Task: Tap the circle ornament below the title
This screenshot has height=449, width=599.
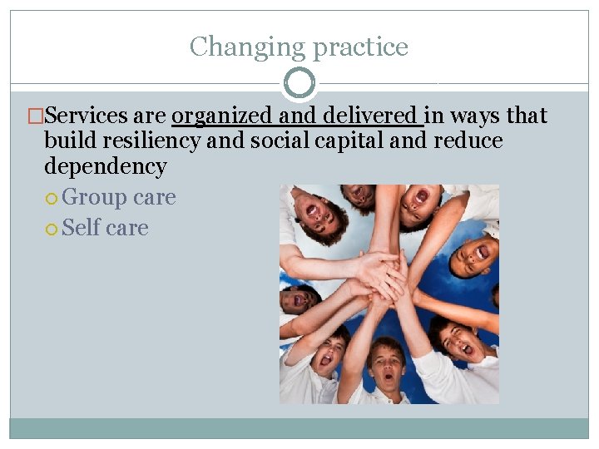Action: click(x=299, y=83)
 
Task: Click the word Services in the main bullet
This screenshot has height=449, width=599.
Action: click(x=87, y=116)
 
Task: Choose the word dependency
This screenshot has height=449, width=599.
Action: click(x=105, y=166)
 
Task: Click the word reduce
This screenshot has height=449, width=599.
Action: click(x=468, y=141)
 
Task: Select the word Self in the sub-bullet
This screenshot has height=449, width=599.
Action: click(x=80, y=228)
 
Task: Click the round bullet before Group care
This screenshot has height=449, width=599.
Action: click(x=52, y=199)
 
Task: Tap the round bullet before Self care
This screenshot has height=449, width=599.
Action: click(x=52, y=229)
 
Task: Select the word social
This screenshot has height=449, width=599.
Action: click(x=277, y=141)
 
